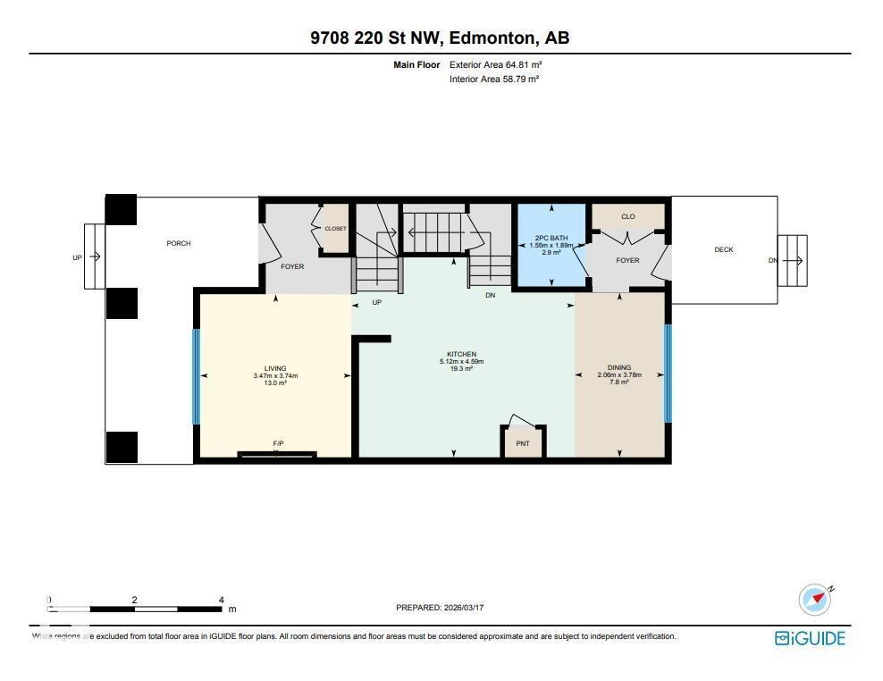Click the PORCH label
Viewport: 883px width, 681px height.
(179, 243)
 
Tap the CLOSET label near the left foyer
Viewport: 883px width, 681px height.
(335, 229)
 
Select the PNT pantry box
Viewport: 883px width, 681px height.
(523, 442)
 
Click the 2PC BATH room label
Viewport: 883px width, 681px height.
(551, 239)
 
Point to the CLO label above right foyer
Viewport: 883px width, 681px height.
(627, 216)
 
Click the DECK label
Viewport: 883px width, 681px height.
(723, 249)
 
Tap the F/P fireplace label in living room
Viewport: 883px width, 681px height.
(278, 444)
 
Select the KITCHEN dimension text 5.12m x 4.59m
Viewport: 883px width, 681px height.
(461, 361)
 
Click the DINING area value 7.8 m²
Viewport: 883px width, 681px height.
(619, 382)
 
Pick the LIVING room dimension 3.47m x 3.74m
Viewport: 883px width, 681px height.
(275, 375)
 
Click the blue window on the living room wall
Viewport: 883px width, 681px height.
(197, 376)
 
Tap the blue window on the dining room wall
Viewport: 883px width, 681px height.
(667, 373)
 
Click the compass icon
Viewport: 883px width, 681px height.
(814, 600)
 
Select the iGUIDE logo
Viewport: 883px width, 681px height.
(809, 637)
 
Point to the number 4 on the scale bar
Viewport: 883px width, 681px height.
(221, 600)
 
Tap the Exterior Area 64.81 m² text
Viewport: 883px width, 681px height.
(496, 64)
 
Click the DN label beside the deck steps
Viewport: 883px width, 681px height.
(772, 261)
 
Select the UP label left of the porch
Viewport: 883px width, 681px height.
(77, 258)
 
